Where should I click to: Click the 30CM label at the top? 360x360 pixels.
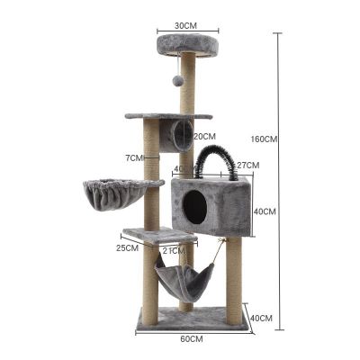pos(185,25)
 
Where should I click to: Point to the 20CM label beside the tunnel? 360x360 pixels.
pos(202,136)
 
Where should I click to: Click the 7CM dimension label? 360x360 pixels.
pos(134,157)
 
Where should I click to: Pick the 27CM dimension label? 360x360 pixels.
pos(247,165)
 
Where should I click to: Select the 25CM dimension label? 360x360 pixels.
pos(126,247)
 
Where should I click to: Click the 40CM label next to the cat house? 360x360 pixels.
pos(265,211)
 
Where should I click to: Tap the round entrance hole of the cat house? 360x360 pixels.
pos(193,207)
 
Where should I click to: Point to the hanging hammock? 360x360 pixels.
pos(184,282)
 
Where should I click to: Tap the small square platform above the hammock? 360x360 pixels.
pos(158,236)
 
